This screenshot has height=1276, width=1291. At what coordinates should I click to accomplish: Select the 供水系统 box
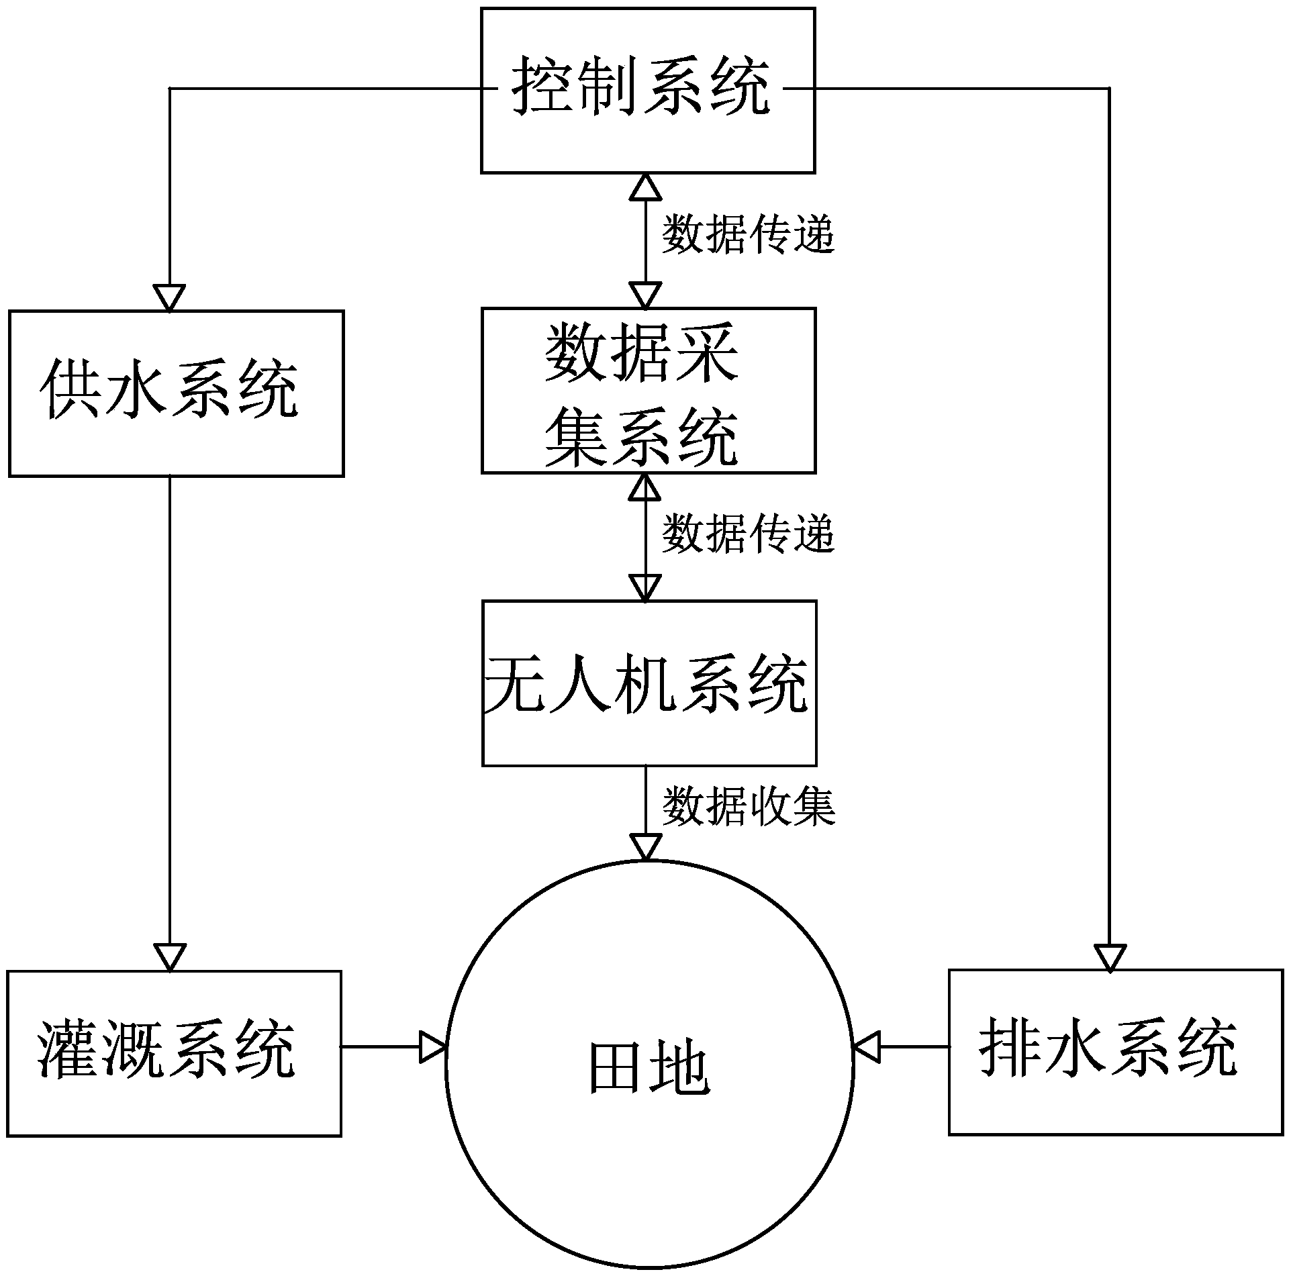click(176, 393)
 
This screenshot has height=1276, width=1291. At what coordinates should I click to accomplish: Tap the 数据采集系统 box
click(648, 391)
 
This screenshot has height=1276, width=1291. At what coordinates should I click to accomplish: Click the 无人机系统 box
click(649, 683)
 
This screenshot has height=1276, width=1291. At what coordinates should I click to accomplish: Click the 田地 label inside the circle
click(649, 1069)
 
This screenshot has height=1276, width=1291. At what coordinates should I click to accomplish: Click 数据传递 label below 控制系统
click(748, 235)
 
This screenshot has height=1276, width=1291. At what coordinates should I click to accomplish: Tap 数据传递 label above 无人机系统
click(748, 534)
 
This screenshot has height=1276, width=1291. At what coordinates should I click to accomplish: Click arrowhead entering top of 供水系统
click(169, 297)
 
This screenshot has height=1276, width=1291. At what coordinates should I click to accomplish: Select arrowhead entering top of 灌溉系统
click(169, 956)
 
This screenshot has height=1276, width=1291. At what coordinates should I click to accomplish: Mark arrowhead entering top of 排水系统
click(1109, 956)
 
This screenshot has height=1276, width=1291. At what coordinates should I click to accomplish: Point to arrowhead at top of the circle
click(645, 847)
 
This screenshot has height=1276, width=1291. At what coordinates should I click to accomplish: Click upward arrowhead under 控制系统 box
click(645, 187)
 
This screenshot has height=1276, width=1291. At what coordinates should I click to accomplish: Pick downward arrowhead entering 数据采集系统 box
click(645, 295)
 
